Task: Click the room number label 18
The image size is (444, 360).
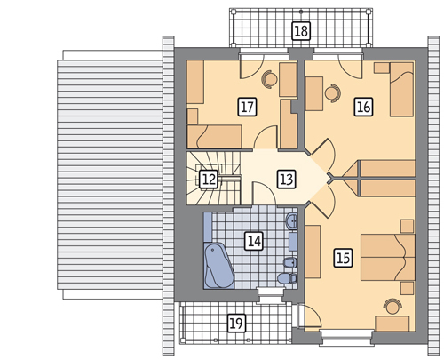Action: [301, 30]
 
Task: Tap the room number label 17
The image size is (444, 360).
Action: [248, 107]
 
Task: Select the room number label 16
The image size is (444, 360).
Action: [364, 107]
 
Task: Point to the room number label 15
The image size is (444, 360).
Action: [344, 258]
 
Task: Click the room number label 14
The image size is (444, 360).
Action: [255, 240]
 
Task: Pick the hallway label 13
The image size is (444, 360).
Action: [287, 179]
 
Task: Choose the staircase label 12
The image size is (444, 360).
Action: [209, 179]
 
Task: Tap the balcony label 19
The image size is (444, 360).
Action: [236, 323]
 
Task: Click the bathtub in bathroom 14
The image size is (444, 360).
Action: [219, 266]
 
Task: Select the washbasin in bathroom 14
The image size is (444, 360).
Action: [292, 221]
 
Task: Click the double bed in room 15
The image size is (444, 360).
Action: [388, 257]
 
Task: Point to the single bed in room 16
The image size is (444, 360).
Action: [401, 89]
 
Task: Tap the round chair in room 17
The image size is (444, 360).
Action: [270, 79]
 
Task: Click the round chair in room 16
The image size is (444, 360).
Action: [333, 93]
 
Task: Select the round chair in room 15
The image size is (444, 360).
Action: [392, 306]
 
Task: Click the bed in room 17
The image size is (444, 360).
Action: [214, 137]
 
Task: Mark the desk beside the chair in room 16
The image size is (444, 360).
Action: [314, 93]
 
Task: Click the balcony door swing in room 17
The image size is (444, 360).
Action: [251, 68]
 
